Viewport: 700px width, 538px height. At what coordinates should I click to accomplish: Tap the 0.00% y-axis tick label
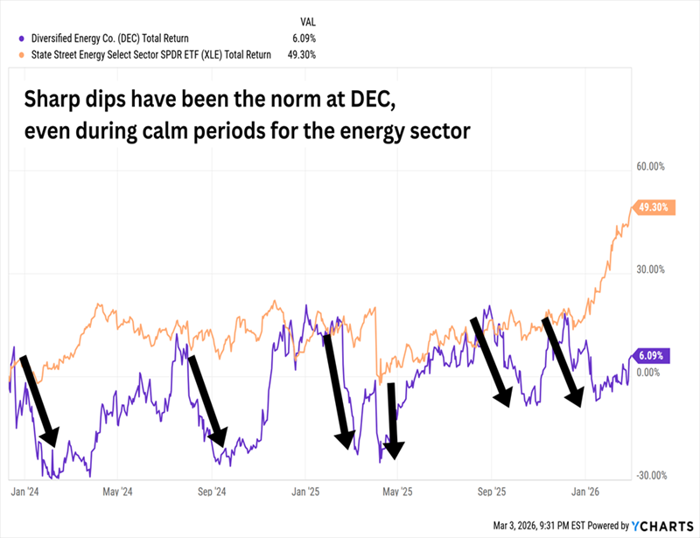(x=648, y=374)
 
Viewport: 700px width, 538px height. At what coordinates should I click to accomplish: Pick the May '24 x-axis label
(x=116, y=492)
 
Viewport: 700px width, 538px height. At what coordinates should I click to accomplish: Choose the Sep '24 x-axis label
(x=211, y=492)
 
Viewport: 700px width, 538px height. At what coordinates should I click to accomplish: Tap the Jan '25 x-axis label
(x=305, y=492)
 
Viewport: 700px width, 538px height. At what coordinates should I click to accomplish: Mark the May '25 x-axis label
(x=398, y=492)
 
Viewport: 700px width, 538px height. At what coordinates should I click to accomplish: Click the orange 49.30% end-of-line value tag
(x=655, y=207)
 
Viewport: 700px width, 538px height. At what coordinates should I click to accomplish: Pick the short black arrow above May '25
(x=393, y=420)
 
